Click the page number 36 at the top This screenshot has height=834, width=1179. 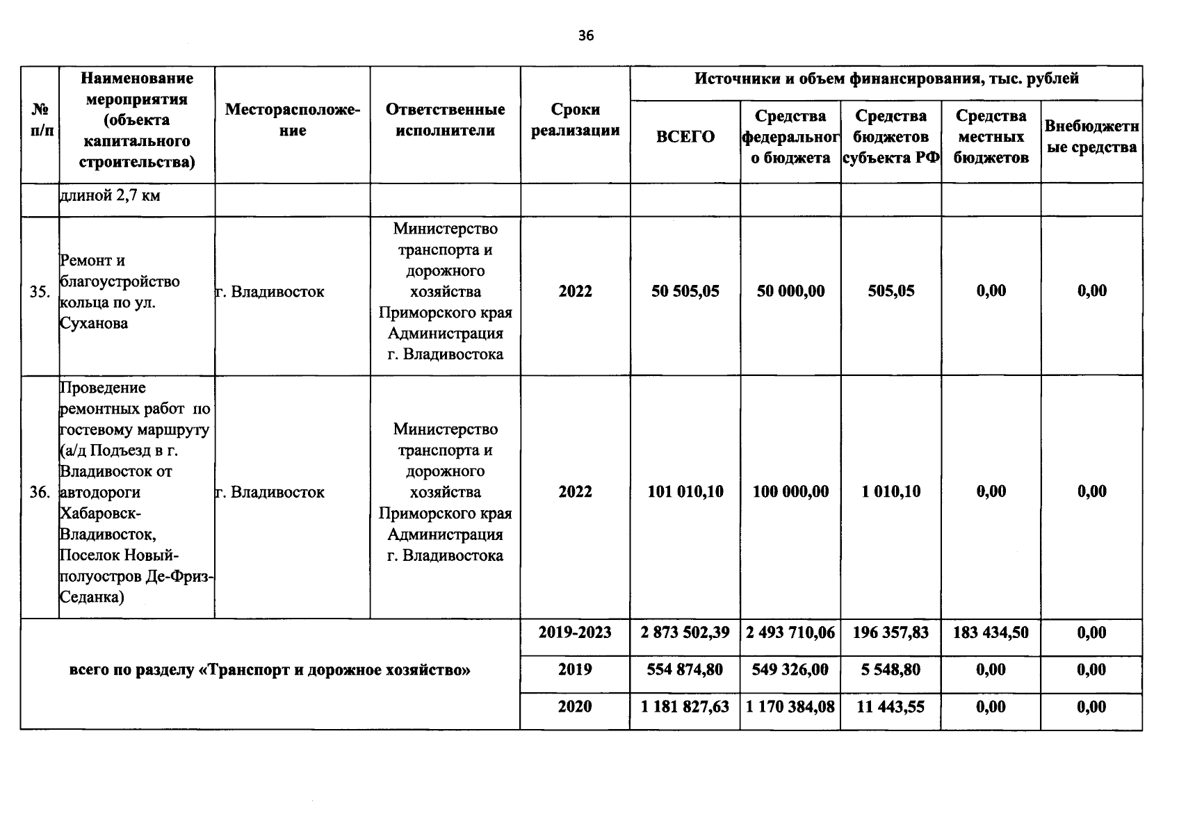pos(586,36)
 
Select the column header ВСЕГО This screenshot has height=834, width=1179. pos(685,137)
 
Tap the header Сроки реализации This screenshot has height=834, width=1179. pos(575,120)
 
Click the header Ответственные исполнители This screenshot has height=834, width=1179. pos(445,120)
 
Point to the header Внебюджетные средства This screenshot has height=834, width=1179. pos(1091,137)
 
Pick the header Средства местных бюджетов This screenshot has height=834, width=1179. pos(991,137)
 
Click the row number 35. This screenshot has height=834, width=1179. pos(40,292)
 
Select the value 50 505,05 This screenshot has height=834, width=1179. pos(685,291)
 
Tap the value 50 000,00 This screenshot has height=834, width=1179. pos(790,291)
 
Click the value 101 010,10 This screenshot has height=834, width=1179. pos(685,492)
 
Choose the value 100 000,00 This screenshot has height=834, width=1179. pos(790,492)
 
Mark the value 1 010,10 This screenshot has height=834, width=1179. pos(891,492)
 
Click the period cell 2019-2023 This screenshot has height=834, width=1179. pos(575,632)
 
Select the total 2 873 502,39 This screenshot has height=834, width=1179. pos(685,632)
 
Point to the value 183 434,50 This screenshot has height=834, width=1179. pos(991,632)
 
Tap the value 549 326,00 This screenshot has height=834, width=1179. pos(790,670)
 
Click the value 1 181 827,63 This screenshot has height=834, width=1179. pos(685,707)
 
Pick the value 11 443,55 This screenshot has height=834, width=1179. pos(891,707)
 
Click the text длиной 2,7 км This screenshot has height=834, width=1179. pos(110,196)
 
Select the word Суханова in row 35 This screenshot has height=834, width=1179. pos(94,324)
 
